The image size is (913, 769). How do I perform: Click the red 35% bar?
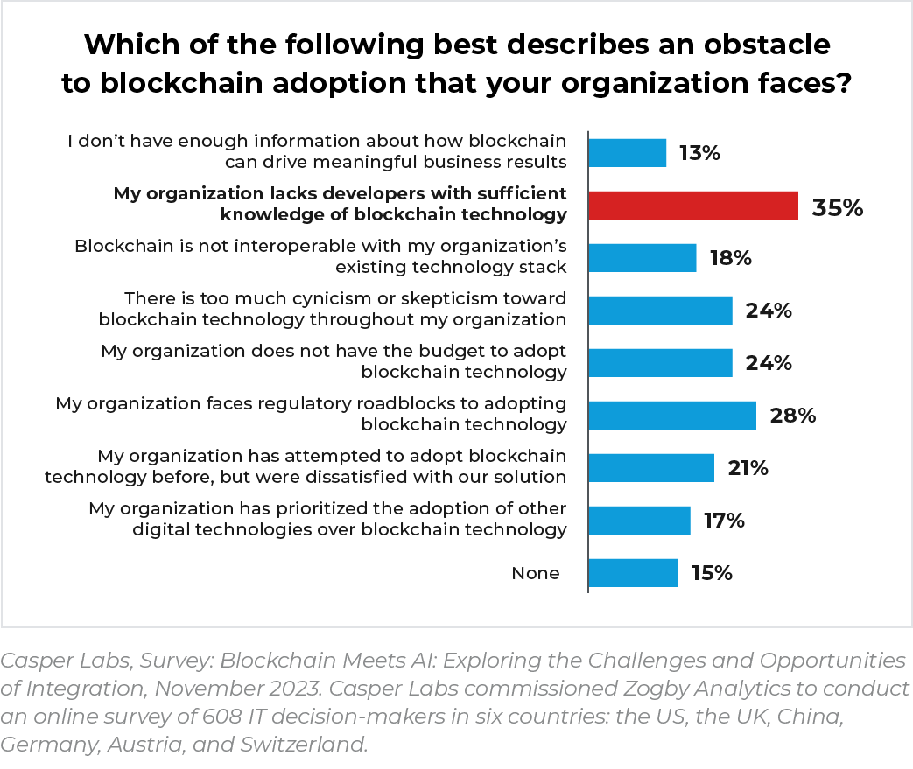692,206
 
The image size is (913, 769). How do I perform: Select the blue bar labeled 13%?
627,153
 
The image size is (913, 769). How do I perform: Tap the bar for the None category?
633,573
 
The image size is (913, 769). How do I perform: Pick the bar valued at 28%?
671,416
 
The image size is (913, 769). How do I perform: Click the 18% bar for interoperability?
642,258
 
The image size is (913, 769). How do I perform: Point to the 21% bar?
651,468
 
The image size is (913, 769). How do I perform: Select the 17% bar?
639,521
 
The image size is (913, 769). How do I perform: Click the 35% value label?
838,208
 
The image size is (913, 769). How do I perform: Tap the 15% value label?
711,573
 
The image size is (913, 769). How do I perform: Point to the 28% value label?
793,416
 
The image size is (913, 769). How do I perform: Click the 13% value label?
699,153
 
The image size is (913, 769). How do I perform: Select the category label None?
535,573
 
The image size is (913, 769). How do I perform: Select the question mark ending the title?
843,83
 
